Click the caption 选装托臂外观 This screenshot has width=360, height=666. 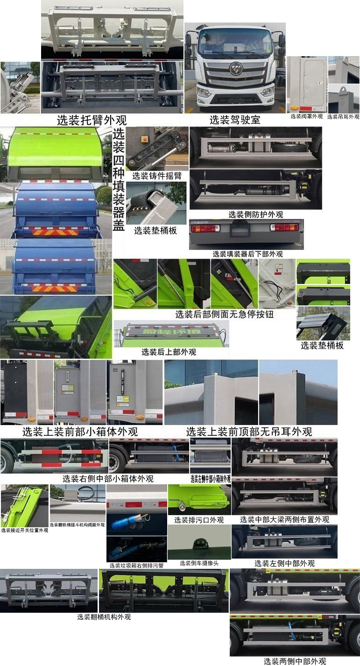coord(92,120)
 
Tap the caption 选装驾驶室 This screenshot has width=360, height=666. coord(234,120)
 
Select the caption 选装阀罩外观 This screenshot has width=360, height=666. coord(307,116)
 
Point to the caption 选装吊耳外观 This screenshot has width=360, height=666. coord(343,117)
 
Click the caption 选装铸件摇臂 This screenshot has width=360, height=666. coord(157,176)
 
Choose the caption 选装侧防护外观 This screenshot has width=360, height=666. coord(255,214)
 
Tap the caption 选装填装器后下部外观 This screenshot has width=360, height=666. coord(247,254)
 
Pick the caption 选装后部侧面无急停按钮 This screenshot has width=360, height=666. coord(224,314)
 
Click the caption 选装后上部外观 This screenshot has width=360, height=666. coord(169,352)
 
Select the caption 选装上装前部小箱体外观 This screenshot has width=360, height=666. coord(80,432)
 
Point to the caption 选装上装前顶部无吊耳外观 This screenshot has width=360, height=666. coord(249,432)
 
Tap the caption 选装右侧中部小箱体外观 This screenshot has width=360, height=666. coord(108,479)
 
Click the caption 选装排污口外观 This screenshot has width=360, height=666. coord(199,519)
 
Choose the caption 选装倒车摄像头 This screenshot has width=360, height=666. coord(199,563)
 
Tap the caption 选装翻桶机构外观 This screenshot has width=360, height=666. coord(104,617)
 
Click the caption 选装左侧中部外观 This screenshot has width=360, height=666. coord(284,563)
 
